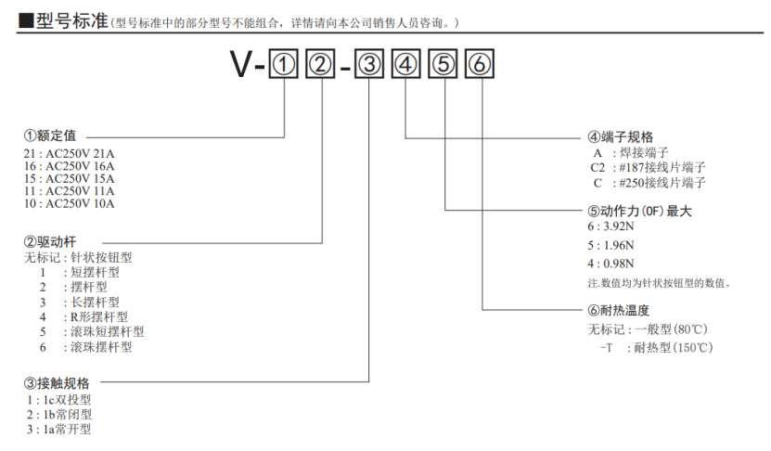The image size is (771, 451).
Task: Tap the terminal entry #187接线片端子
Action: pos(661,168)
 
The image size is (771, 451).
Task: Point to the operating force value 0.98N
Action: pos(618,264)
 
